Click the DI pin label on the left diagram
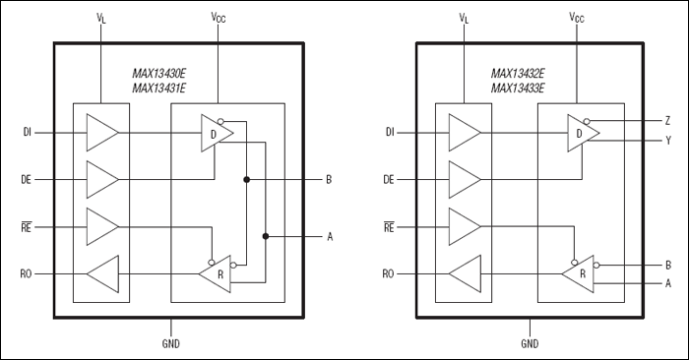click(x=29, y=131)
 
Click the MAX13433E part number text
click(x=522, y=88)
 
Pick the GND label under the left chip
click(x=170, y=343)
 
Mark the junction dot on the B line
click(x=246, y=179)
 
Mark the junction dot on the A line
click(x=266, y=236)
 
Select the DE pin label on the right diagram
click(x=390, y=179)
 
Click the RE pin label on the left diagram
click(x=29, y=225)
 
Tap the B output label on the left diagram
click(x=328, y=179)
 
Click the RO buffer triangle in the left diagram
click(x=103, y=272)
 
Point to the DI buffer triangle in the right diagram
click(x=464, y=132)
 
